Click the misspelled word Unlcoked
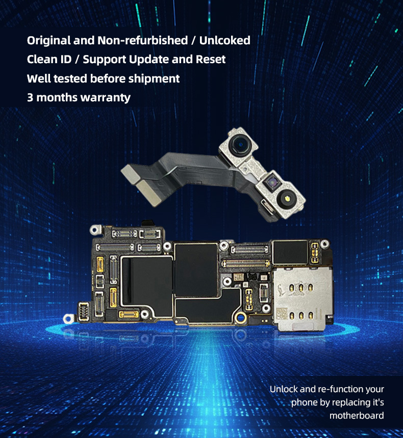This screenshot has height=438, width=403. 225,41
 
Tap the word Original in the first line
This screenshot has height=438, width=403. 48,41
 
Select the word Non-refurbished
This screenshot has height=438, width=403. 142,41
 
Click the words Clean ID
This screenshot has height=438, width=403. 49,60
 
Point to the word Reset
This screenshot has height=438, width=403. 211,60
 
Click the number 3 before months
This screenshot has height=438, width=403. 30,98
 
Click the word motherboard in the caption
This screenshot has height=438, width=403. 357,416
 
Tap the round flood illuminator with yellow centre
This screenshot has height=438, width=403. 286,198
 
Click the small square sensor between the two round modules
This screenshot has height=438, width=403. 271,183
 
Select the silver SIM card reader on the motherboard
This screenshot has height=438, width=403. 301,299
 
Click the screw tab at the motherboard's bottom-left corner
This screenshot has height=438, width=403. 68,318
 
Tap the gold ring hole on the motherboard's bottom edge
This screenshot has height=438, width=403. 240,317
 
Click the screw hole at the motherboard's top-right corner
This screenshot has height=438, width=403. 324,244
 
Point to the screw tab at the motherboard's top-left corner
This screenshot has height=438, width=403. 95,230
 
